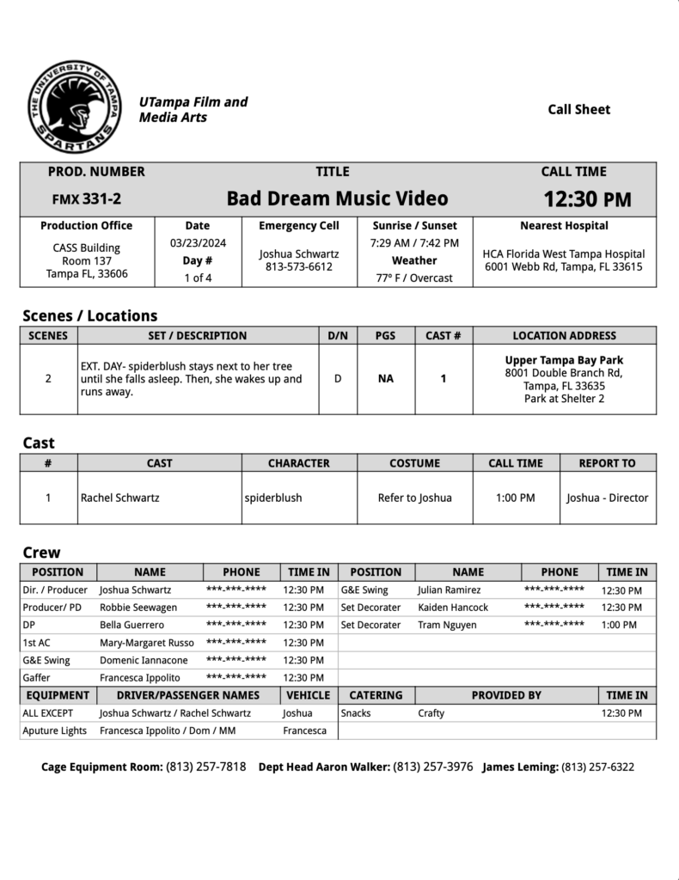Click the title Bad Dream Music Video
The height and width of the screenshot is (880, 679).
[337, 199]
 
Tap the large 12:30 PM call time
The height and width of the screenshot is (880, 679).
[587, 199]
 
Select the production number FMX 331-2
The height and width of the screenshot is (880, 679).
[87, 199]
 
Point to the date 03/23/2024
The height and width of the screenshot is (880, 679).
[198, 243]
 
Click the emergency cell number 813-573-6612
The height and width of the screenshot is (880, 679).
[299, 267]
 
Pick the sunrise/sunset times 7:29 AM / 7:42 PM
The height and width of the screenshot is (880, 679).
[414, 243]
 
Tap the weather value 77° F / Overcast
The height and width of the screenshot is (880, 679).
[414, 278]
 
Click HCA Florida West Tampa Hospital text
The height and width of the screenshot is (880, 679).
[564, 254]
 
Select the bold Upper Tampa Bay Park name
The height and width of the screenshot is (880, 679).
[564, 360]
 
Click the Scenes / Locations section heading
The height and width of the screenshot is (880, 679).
[89, 315]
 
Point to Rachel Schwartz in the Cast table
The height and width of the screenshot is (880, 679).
[119, 498]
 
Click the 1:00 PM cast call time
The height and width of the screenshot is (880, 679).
[516, 498]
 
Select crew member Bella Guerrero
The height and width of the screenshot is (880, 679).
[132, 625]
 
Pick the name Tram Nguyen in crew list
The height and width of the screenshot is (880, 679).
[447, 625]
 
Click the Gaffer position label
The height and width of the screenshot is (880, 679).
[38, 677]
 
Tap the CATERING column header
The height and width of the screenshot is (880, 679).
[376, 695]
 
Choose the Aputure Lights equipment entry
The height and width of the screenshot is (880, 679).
[55, 730]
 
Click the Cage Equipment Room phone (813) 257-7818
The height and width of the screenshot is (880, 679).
[206, 767]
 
